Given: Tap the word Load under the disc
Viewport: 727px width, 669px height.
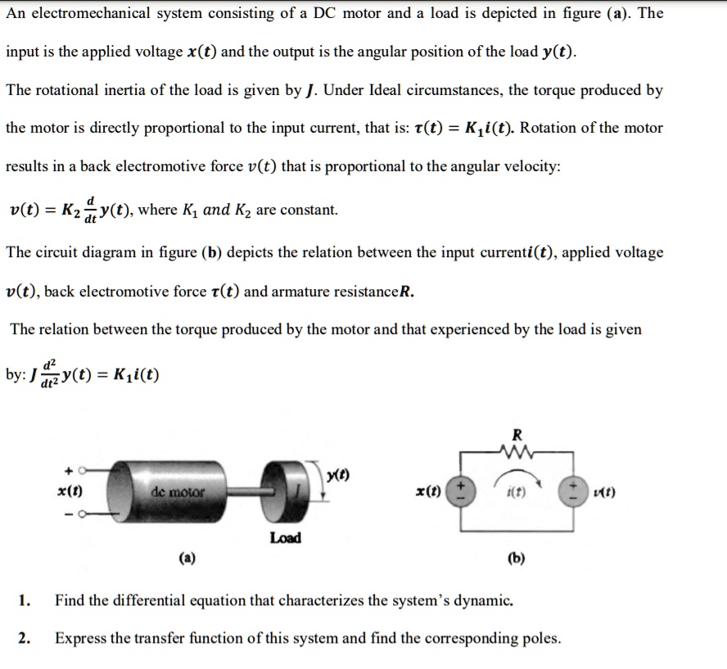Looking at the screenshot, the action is point(285,538).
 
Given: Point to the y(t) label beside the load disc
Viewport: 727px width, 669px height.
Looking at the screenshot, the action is point(336,477).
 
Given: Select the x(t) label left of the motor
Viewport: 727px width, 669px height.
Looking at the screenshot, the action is point(68,491).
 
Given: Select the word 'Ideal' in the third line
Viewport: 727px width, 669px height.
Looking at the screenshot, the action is point(345,90).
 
